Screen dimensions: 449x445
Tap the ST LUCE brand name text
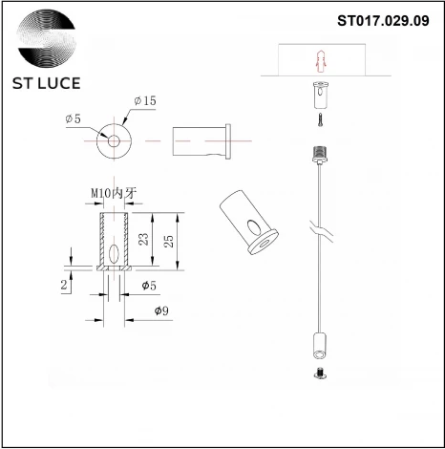tap(47, 83)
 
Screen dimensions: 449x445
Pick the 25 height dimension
tap(170, 241)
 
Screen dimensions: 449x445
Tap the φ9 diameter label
tap(162, 311)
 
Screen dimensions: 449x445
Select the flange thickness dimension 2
tap(64, 285)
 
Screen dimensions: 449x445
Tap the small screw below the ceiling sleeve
tap(319, 120)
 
